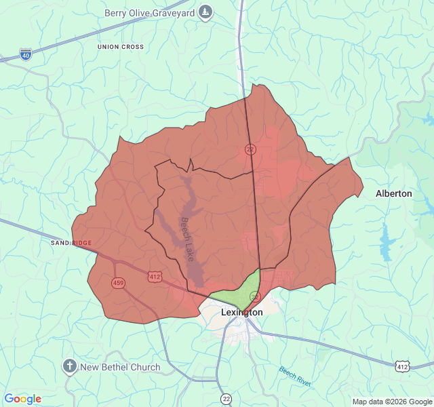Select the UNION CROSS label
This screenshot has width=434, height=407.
[121, 47]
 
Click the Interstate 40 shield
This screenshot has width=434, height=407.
[26, 54]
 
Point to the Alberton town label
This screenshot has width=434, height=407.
[393, 193]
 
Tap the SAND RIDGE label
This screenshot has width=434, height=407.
[71, 243]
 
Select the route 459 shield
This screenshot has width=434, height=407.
[118, 282]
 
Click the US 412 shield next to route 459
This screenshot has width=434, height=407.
[155, 276]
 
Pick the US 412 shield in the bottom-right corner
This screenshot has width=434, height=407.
[403, 366]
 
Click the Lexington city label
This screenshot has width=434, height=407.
[242, 313]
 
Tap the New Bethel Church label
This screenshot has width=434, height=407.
[121, 368]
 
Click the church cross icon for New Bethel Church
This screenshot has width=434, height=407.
[69, 367]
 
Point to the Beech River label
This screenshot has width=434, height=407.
[295, 376]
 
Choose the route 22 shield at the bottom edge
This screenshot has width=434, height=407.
[226, 398]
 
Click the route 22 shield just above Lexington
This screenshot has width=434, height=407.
[255, 296]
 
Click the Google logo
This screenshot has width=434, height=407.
[23, 399]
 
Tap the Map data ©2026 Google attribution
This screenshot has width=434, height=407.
[392, 402]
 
